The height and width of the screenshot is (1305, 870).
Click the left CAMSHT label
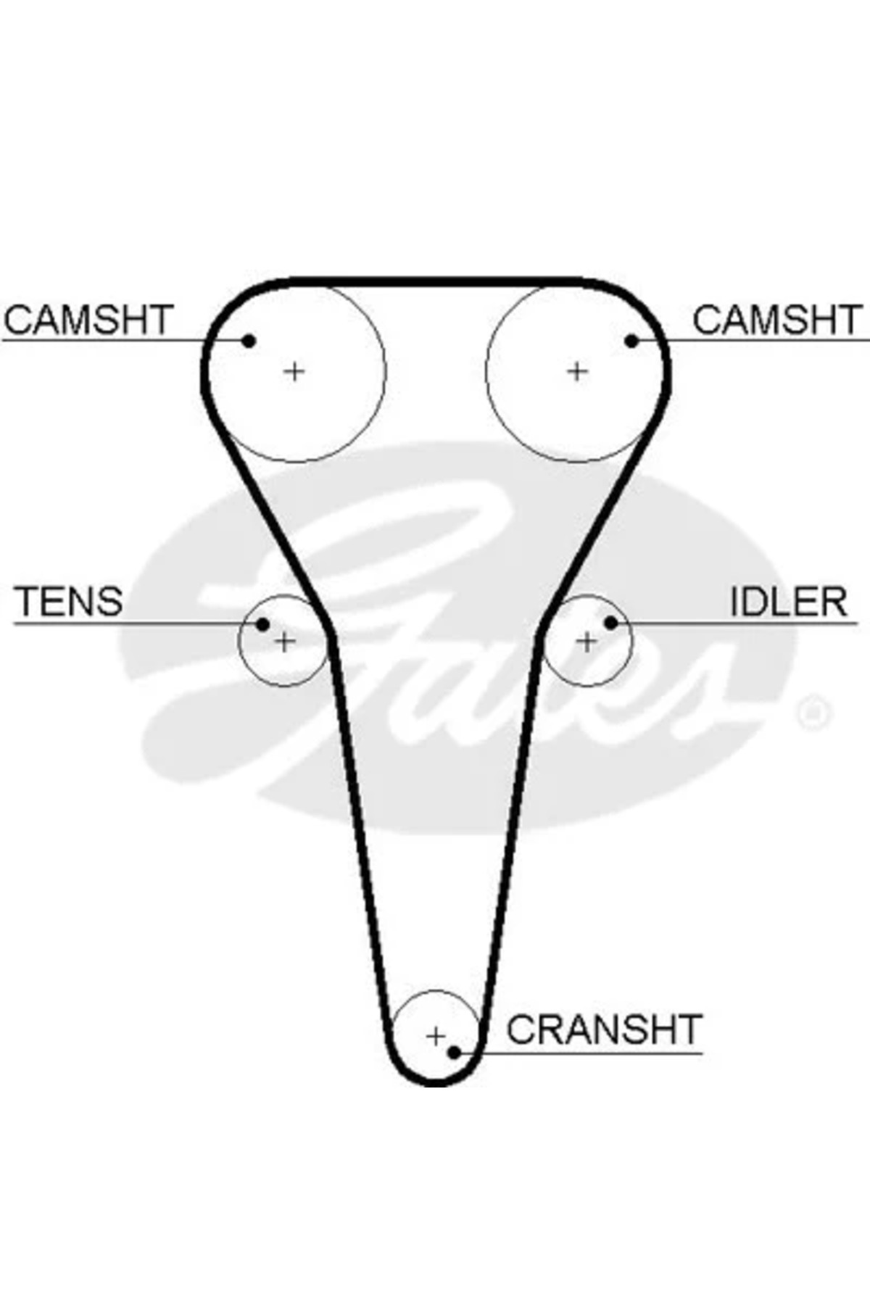(x=88, y=320)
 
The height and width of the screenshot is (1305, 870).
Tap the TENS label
(x=69, y=601)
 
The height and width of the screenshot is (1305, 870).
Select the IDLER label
(x=788, y=601)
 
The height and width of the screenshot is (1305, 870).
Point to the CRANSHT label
(x=604, y=1029)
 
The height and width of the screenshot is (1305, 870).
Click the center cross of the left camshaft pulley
(x=294, y=372)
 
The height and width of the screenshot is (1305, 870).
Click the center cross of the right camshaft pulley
(x=576, y=372)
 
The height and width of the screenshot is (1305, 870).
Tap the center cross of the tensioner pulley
(x=285, y=641)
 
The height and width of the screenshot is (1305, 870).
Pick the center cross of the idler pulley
(x=587, y=641)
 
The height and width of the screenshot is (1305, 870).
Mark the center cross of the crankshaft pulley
(x=435, y=1036)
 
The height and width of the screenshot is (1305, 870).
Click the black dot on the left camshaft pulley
(x=249, y=340)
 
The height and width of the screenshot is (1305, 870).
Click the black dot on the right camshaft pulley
(x=631, y=340)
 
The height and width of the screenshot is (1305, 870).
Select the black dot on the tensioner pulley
(x=263, y=624)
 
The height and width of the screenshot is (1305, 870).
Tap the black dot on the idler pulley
(x=610, y=622)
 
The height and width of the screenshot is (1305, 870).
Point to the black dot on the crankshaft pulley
(x=454, y=1052)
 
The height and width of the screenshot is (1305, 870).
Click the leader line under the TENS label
(x=130, y=624)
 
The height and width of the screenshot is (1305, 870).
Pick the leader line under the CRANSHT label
(x=580, y=1053)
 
